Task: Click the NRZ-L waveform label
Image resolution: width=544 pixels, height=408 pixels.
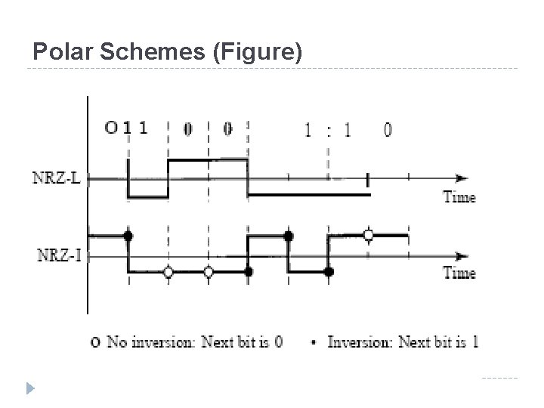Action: (60, 179)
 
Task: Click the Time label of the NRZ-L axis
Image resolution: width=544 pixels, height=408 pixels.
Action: (459, 197)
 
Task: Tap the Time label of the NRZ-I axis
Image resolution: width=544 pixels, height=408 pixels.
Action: (459, 273)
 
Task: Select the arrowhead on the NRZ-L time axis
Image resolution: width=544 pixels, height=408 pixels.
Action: (461, 179)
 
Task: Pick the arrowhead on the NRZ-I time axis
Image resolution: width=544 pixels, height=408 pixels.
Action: (461, 255)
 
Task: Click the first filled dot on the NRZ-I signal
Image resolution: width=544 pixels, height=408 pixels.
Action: (128, 236)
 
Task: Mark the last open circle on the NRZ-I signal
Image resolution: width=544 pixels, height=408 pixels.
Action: (369, 236)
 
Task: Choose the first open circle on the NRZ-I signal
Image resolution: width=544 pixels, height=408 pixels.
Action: (168, 271)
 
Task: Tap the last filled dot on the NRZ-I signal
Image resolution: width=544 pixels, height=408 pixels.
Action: (329, 271)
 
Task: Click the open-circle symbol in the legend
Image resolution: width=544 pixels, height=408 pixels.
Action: (94, 342)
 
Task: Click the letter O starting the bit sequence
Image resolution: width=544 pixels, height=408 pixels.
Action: (110, 128)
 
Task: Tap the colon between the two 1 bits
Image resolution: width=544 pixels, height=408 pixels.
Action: (328, 130)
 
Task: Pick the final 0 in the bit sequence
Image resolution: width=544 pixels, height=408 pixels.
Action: (388, 130)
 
